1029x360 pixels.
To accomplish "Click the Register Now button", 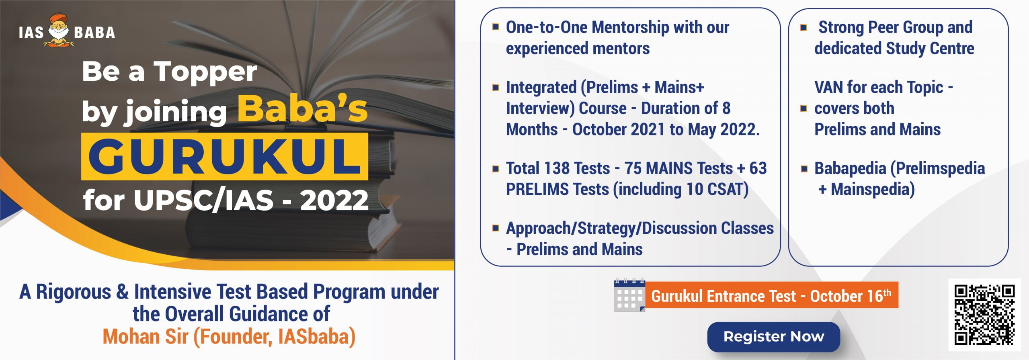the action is (x=773, y=336).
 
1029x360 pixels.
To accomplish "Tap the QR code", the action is (x=984, y=315).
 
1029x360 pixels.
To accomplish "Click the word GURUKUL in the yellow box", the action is (x=224, y=157).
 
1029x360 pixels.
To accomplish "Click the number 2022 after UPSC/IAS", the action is (x=334, y=200).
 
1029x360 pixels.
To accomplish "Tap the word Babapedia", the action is (x=850, y=168).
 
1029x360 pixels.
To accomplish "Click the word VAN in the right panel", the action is (x=828, y=87).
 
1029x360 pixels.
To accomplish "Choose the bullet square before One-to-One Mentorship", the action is (x=496, y=27).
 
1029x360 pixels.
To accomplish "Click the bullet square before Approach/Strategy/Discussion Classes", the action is (x=496, y=228).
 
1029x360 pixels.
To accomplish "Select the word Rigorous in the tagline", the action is (x=74, y=292).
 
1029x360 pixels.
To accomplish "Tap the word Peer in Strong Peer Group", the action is (x=886, y=27).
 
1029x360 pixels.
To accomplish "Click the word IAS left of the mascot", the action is (x=31, y=33).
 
